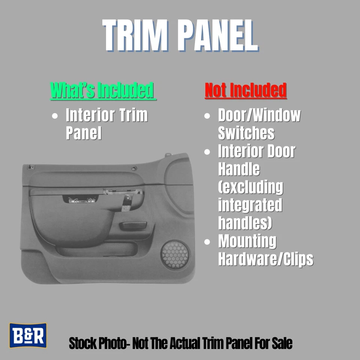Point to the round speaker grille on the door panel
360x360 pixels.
pyautogui.click(x=175, y=254)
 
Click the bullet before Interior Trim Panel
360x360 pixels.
pyautogui.click(x=55, y=116)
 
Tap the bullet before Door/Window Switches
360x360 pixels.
pyautogui.click(x=207, y=116)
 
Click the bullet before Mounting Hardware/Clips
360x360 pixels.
pyautogui.click(x=207, y=242)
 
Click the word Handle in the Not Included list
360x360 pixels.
pyautogui.click(x=239, y=169)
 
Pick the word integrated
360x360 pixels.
pyautogui.click(x=250, y=205)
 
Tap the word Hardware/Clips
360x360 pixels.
pyautogui.click(x=265, y=259)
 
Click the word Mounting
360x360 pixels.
pyautogui.click(x=247, y=241)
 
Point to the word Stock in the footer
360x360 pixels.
pyautogui.click(x=81, y=343)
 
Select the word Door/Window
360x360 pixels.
pyautogui.click(x=259, y=115)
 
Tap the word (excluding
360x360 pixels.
pyautogui.click(x=250, y=187)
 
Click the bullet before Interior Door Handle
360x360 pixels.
pyautogui.click(x=207, y=152)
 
